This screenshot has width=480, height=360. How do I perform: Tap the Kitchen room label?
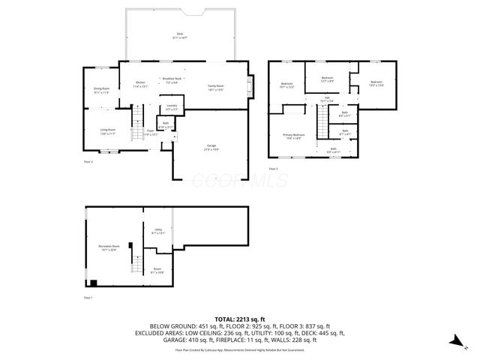click(140, 85)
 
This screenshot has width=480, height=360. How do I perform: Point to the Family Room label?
click(217, 88)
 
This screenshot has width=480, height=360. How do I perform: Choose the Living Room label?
click(108, 131)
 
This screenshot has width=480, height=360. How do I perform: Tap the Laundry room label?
click(172, 107)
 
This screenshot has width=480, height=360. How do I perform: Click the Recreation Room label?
click(109, 247)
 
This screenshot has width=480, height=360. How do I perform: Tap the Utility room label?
click(157, 231)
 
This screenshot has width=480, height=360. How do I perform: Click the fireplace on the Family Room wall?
click(251, 86)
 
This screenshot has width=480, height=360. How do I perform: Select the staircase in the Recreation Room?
click(136, 263)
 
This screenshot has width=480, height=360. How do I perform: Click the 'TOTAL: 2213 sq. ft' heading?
click(240, 319)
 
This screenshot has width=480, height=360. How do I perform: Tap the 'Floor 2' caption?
click(88, 160)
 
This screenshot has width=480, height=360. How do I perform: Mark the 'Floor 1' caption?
click(88, 298)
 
